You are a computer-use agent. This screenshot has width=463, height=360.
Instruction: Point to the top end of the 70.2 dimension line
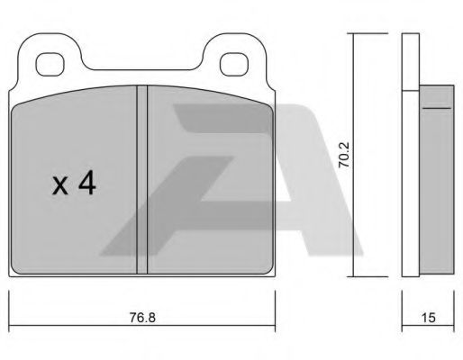point(353,34)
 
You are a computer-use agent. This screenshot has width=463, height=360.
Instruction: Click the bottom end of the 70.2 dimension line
point(353,276)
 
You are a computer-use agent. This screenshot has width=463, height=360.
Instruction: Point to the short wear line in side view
point(436,107)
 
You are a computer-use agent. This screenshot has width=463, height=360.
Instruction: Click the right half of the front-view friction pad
point(207,180)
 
